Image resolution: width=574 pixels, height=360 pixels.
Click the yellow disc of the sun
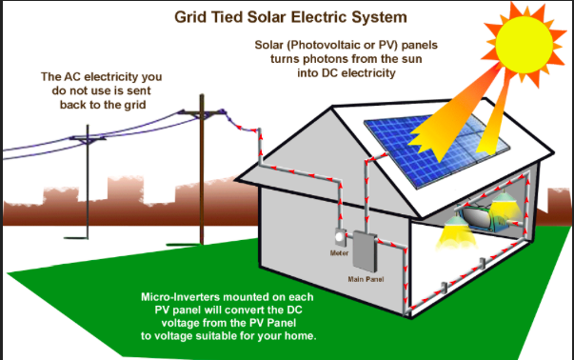pyautogui.click(x=524, y=45)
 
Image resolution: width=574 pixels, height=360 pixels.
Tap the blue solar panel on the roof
pyautogui.click(x=437, y=150)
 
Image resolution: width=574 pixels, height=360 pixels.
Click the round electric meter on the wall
pyautogui.click(x=340, y=237)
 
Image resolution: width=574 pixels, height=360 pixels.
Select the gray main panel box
pyautogui.click(x=365, y=251)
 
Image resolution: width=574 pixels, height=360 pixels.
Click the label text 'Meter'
pyautogui.click(x=339, y=253)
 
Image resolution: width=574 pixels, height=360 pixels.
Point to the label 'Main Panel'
pyautogui.click(x=366, y=279)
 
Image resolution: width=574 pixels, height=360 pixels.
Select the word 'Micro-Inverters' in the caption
pyautogui.click(x=180, y=296)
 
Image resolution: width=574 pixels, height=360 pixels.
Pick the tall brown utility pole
pyautogui.click(x=202, y=170)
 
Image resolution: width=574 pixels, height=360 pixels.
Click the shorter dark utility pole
pyautogui.click(x=88, y=182)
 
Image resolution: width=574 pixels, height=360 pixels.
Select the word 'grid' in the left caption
pyautogui.click(x=135, y=105)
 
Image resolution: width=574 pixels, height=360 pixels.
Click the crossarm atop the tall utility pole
pyautogui.click(x=202, y=112)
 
